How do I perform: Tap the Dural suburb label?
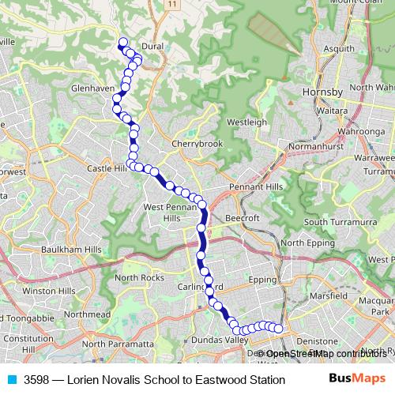[153, 47]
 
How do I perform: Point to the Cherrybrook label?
[197, 144]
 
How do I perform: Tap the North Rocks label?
[139, 277]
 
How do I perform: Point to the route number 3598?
[38, 380]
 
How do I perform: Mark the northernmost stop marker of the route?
[122, 43]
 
